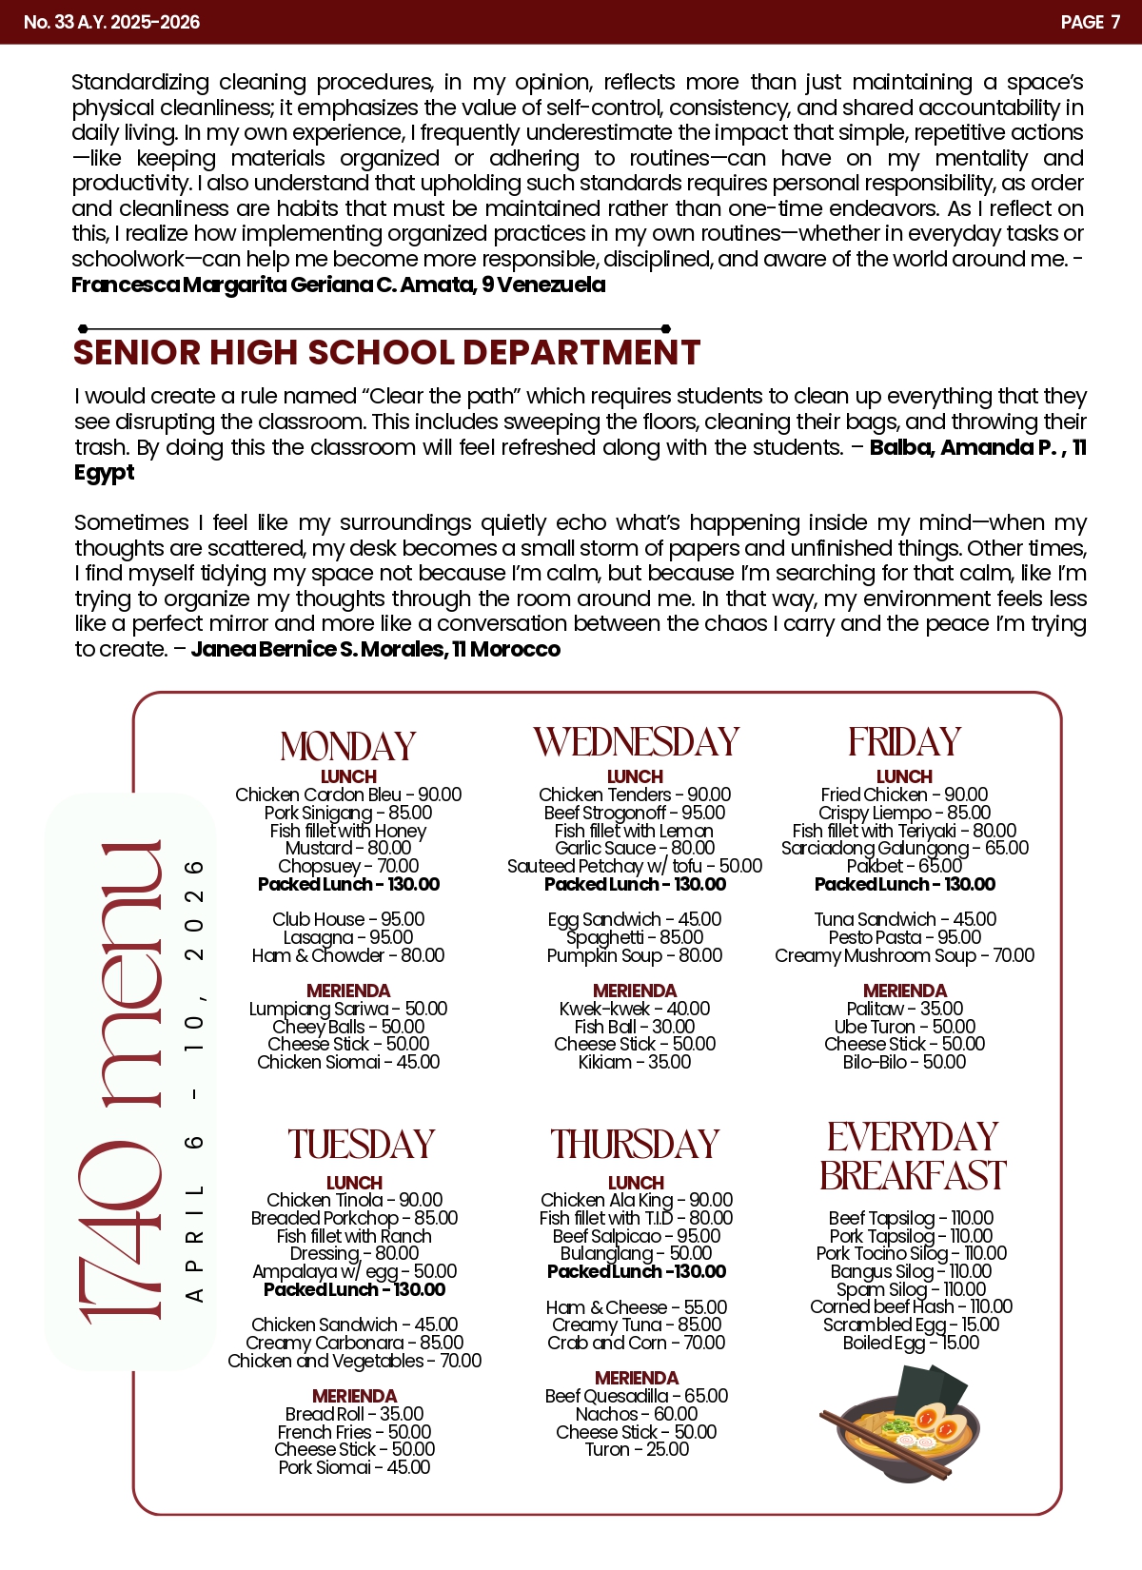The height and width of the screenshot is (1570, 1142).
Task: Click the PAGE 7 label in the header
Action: point(1090,22)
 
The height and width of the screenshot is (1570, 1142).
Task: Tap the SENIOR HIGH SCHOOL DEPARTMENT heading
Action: point(386,353)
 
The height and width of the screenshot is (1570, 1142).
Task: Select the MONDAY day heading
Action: point(348,746)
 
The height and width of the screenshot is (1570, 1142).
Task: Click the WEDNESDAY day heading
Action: point(636,742)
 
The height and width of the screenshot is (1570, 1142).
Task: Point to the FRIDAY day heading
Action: point(904,742)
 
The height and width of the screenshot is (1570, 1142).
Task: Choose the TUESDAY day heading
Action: point(361,1145)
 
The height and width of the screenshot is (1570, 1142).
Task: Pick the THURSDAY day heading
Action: point(635,1145)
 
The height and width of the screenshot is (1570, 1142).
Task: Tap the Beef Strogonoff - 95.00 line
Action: point(635,813)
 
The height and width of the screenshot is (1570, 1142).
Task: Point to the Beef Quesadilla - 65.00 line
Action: point(636,1396)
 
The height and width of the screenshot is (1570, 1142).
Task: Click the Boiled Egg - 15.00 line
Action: point(911,1343)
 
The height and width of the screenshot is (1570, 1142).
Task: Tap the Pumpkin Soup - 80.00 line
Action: point(635,955)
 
